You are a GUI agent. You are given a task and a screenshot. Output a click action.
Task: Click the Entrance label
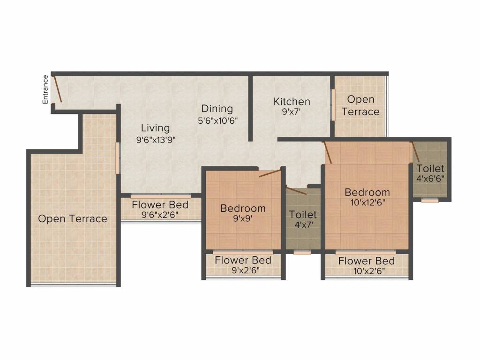[45, 90]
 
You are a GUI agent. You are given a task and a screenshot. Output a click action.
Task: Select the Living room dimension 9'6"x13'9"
[156, 140]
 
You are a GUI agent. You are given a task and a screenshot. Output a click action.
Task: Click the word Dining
[217, 109]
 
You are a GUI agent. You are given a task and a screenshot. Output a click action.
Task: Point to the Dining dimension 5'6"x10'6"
[217, 120]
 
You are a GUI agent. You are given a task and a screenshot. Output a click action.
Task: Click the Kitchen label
[292, 101]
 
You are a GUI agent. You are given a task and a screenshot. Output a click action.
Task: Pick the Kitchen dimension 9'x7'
[292, 112]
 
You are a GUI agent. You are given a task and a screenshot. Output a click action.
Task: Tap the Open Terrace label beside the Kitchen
[360, 105]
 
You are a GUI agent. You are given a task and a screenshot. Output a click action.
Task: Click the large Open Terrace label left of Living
[73, 218]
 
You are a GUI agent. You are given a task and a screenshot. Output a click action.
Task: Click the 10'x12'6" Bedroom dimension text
[367, 202]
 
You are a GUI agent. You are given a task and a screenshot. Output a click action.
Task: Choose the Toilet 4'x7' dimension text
[303, 225]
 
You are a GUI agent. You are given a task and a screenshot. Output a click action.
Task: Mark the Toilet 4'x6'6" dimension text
[430, 179]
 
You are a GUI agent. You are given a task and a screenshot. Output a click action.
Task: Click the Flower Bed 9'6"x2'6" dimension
[160, 215]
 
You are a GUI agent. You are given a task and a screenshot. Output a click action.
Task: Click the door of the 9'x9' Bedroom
[270, 172]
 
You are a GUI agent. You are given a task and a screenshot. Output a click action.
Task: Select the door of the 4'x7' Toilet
[296, 190]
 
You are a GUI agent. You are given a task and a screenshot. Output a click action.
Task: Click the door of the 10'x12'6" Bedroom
[328, 152]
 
